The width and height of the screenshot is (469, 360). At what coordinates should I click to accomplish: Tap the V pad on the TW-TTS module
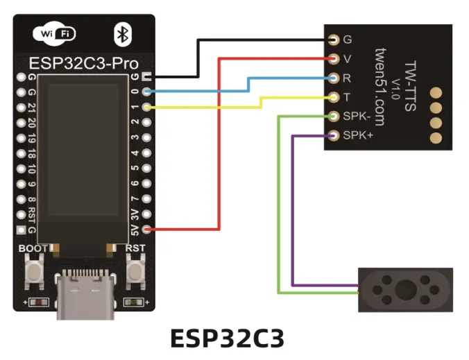[x=334, y=58]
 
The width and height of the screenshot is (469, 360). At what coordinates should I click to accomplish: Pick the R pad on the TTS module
[x=334, y=78]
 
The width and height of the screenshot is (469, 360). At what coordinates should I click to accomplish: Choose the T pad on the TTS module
[x=334, y=96]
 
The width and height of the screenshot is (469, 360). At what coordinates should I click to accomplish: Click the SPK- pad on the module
[x=334, y=116]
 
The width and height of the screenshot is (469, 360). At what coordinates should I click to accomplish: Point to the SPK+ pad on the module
[x=334, y=135]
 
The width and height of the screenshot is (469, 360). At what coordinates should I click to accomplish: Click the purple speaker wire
[x=293, y=208]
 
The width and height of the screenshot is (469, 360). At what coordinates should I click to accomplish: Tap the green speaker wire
[x=279, y=208]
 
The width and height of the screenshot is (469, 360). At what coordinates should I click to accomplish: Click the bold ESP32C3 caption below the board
[x=227, y=338]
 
